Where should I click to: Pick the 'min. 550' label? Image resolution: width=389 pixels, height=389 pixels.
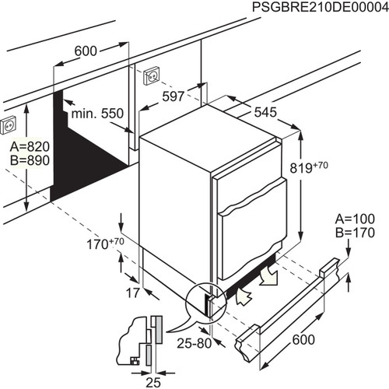[97, 114]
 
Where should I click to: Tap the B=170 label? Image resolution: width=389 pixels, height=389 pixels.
[357, 232]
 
